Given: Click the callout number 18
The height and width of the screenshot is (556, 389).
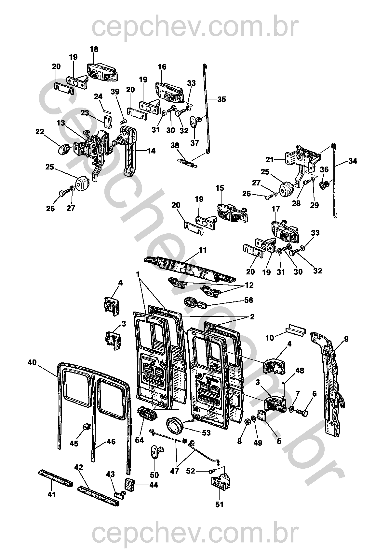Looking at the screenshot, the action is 94,49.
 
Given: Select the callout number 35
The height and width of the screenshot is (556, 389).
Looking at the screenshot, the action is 221,99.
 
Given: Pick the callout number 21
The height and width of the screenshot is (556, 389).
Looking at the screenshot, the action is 270,160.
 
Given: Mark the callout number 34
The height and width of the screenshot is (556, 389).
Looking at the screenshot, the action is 353,161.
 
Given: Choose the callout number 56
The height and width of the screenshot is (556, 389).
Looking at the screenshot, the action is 248,300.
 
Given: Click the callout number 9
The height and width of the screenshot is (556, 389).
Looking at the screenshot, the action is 346,339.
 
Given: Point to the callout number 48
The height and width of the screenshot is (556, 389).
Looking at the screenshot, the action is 300,371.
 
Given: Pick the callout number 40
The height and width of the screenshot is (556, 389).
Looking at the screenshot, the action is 32,363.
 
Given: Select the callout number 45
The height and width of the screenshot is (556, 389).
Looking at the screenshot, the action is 74,444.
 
